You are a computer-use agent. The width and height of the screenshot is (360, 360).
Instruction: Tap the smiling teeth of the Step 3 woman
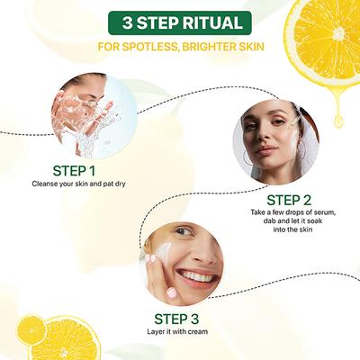[195, 274]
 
